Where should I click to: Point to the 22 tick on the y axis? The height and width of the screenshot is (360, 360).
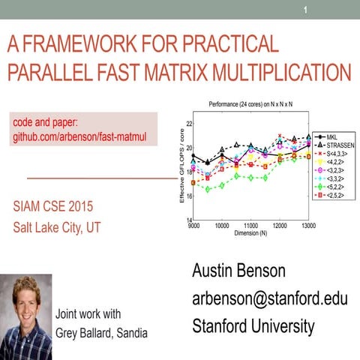pyautogui.click(x=188, y=124)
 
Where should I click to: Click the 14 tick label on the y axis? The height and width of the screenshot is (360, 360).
pyautogui.click(x=188, y=220)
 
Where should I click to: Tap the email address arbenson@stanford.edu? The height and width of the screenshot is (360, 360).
pyautogui.click(x=270, y=299)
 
